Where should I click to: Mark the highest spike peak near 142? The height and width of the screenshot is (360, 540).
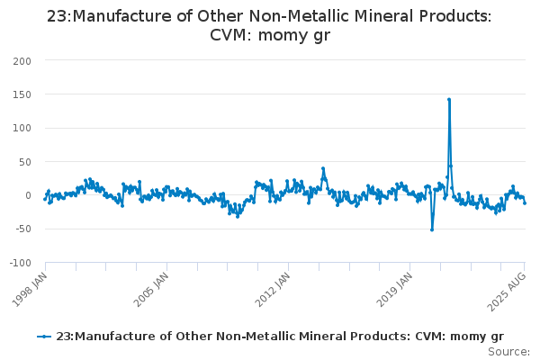click(x=448, y=99)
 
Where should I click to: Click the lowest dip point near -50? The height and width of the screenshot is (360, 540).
click(x=432, y=229)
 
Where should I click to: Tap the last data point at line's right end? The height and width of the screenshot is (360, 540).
click(x=525, y=203)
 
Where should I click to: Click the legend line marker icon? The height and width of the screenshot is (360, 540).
click(x=44, y=336)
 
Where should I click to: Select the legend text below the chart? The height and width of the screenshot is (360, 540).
click(x=279, y=336)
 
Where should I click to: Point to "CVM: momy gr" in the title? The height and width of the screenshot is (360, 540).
click(x=269, y=37)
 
